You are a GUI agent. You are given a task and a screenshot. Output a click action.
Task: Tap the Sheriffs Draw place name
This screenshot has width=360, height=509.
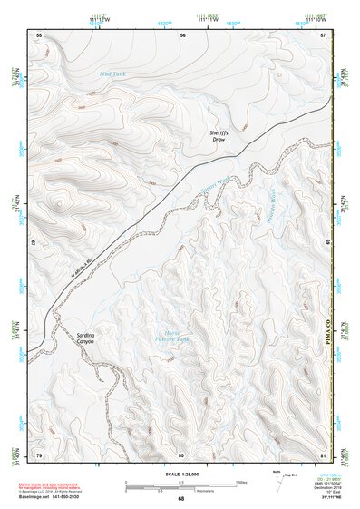coord(218,136)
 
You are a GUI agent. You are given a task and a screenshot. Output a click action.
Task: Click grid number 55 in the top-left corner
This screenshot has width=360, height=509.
coord(39,34)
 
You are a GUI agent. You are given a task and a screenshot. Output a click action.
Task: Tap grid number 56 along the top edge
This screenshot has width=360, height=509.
coord(182,34)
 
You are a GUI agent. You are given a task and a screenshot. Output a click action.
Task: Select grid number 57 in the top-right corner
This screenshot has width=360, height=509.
coord(324,34)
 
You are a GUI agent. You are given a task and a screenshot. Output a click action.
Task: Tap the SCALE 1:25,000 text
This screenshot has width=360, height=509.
coord(180,474)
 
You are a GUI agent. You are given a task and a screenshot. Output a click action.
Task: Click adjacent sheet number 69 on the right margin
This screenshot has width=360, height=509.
coord(327,244)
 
